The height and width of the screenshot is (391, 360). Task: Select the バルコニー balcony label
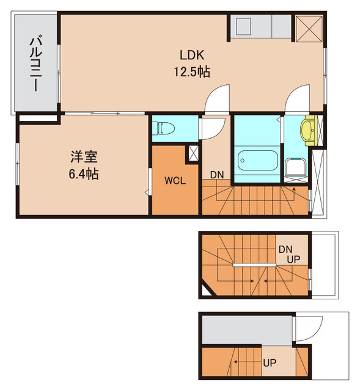[x=34, y=64]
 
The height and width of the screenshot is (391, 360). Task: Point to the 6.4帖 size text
[x=83, y=174]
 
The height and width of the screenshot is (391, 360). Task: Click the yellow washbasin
[x=307, y=130]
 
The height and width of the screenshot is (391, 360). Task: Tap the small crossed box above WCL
[x=193, y=153]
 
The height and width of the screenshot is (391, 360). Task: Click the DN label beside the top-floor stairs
[x=217, y=175]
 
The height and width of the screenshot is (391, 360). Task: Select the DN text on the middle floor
[x=285, y=249]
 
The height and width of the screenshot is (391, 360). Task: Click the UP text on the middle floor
[x=292, y=259]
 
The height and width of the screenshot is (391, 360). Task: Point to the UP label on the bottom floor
[x=270, y=363]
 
